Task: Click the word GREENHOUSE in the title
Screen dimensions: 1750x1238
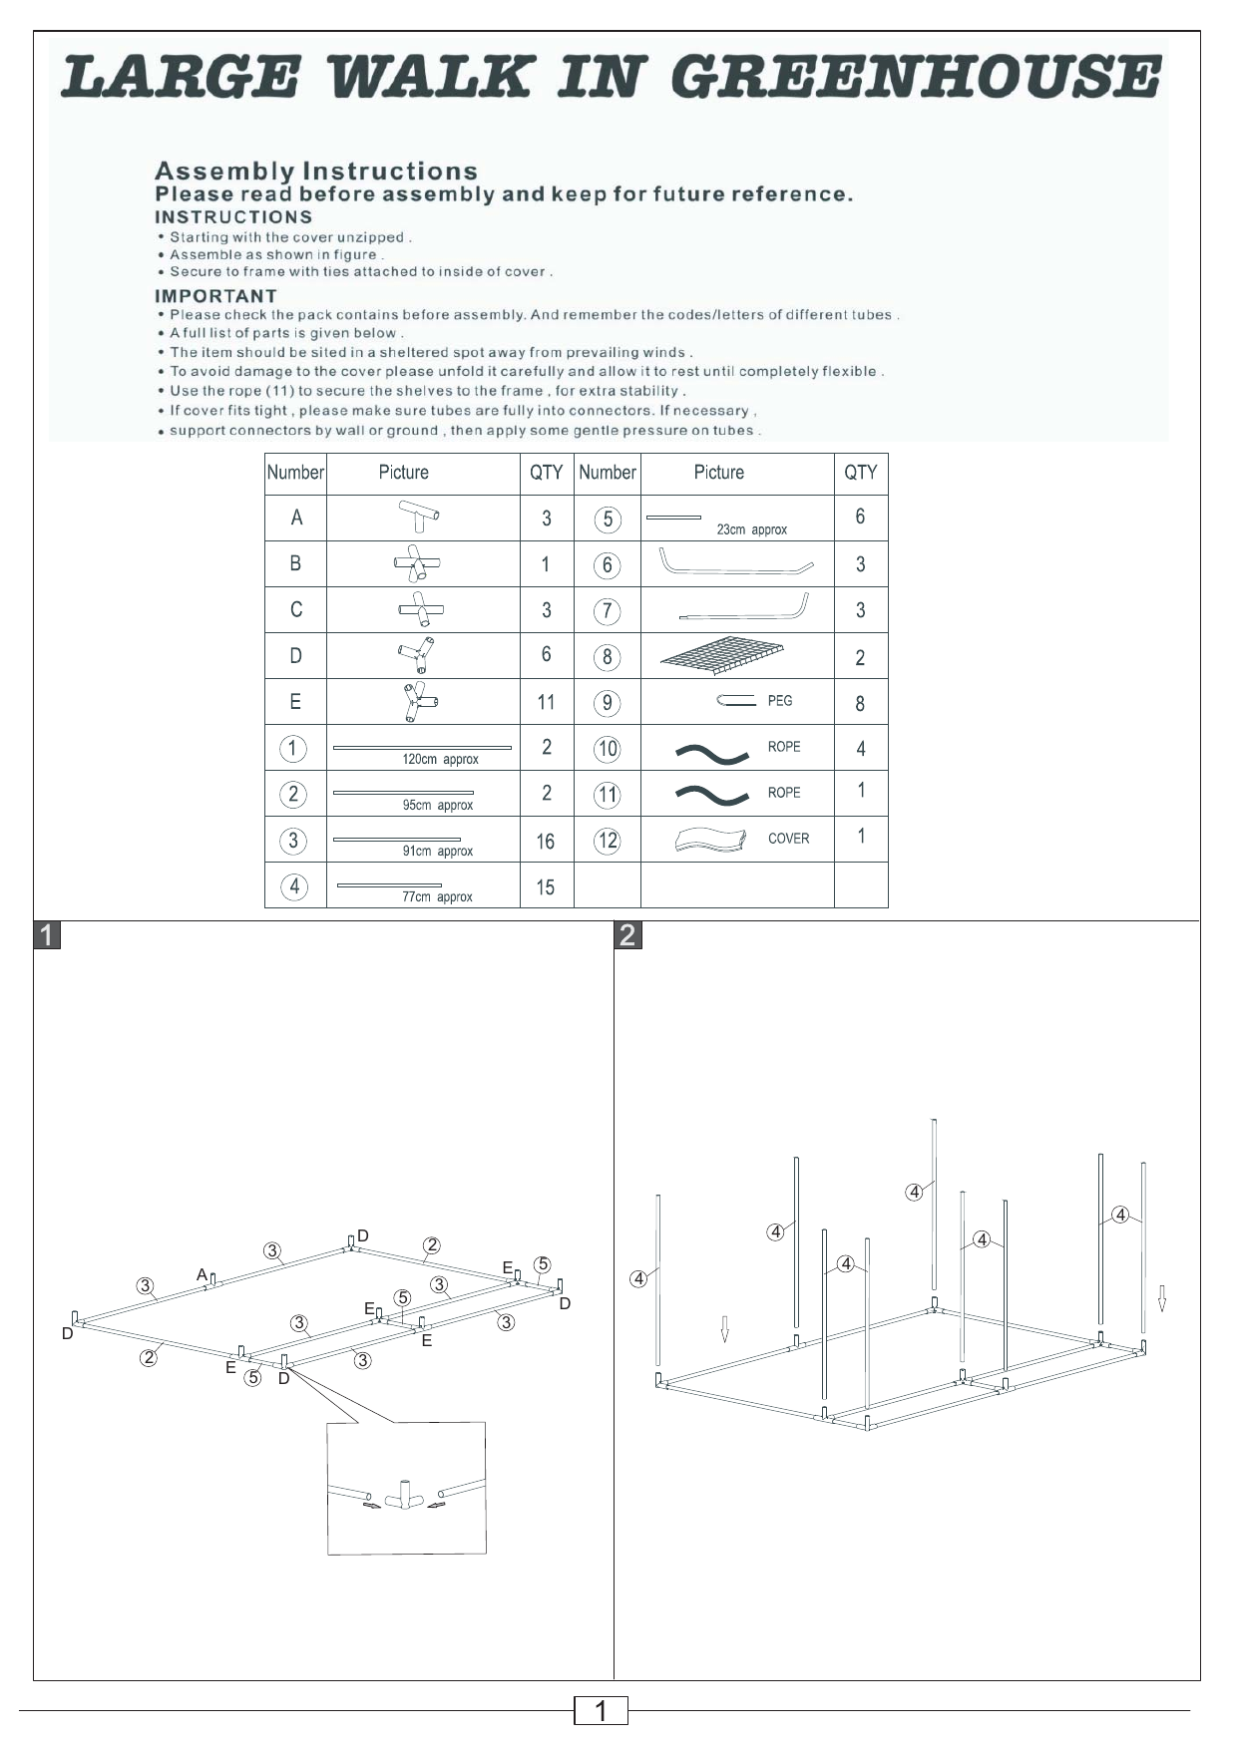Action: tap(916, 78)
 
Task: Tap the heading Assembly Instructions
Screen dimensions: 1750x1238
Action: tap(316, 172)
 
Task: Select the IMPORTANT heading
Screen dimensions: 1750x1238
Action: tap(215, 296)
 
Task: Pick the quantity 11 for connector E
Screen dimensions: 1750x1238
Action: tap(546, 702)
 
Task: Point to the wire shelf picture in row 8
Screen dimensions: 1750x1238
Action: tap(723, 655)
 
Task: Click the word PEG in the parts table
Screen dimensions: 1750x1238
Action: tap(780, 701)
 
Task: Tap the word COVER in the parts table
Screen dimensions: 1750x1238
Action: tap(788, 839)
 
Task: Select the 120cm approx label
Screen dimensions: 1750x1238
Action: tap(440, 760)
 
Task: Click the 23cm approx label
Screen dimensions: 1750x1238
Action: tap(751, 529)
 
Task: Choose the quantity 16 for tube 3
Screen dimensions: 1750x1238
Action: tap(545, 841)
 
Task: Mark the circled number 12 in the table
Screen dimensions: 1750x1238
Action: tap(608, 841)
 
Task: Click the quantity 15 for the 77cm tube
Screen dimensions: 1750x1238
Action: tap(545, 886)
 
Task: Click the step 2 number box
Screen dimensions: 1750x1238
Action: tap(627, 935)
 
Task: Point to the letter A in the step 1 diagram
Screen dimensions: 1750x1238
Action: tap(202, 1274)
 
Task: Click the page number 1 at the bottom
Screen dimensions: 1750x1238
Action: tap(601, 1711)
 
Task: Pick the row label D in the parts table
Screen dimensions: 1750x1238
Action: tap(295, 656)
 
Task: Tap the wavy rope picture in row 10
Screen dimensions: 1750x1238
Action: tap(711, 751)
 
